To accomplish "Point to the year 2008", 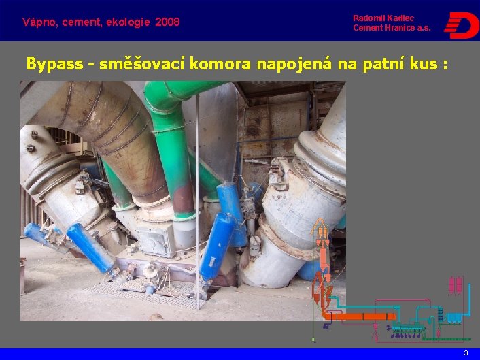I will pyautogui.click(x=167, y=22).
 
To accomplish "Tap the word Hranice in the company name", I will pyautogui.click(x=396, y=28).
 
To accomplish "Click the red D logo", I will pyautogui.click(x=461, y=24).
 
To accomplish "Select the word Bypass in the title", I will pyautogui.click(x=56, y=65).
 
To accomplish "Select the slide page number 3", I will pyautogui.click(x=466, y=353).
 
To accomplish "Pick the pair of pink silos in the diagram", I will pyautogui.click(x=456, y=286).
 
